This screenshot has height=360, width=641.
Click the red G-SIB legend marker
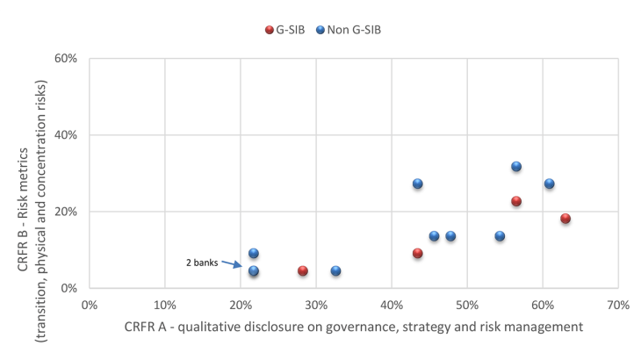pos(270,30)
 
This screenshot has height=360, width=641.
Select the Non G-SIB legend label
pos(355,30)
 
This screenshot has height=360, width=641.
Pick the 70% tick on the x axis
pos(617,304)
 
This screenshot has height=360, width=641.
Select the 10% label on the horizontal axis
pos(164,304)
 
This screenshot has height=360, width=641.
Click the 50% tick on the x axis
pos(466,304)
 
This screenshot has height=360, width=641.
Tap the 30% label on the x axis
pos(315,304)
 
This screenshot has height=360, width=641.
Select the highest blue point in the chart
pos(516,167)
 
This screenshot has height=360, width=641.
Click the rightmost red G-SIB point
pos(565,219)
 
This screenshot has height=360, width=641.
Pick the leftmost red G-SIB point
pos(303,270)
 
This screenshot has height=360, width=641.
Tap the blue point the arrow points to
pos(254,270)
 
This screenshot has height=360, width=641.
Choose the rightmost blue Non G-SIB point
pos(549,184)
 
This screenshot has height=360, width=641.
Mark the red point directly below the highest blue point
pos(516,201)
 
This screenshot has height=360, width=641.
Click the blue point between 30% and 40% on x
pos(335,270)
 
